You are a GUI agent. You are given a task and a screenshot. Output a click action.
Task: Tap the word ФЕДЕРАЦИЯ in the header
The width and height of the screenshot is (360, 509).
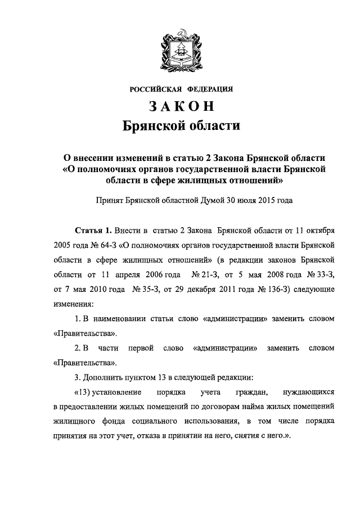pos(209,89)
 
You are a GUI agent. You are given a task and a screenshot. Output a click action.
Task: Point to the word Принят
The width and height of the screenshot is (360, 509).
pos(111,199)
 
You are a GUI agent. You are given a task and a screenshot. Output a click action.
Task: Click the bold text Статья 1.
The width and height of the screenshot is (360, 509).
pos(93,231)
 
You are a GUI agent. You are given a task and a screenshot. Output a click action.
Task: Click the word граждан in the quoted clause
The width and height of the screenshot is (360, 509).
pos(259,392)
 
